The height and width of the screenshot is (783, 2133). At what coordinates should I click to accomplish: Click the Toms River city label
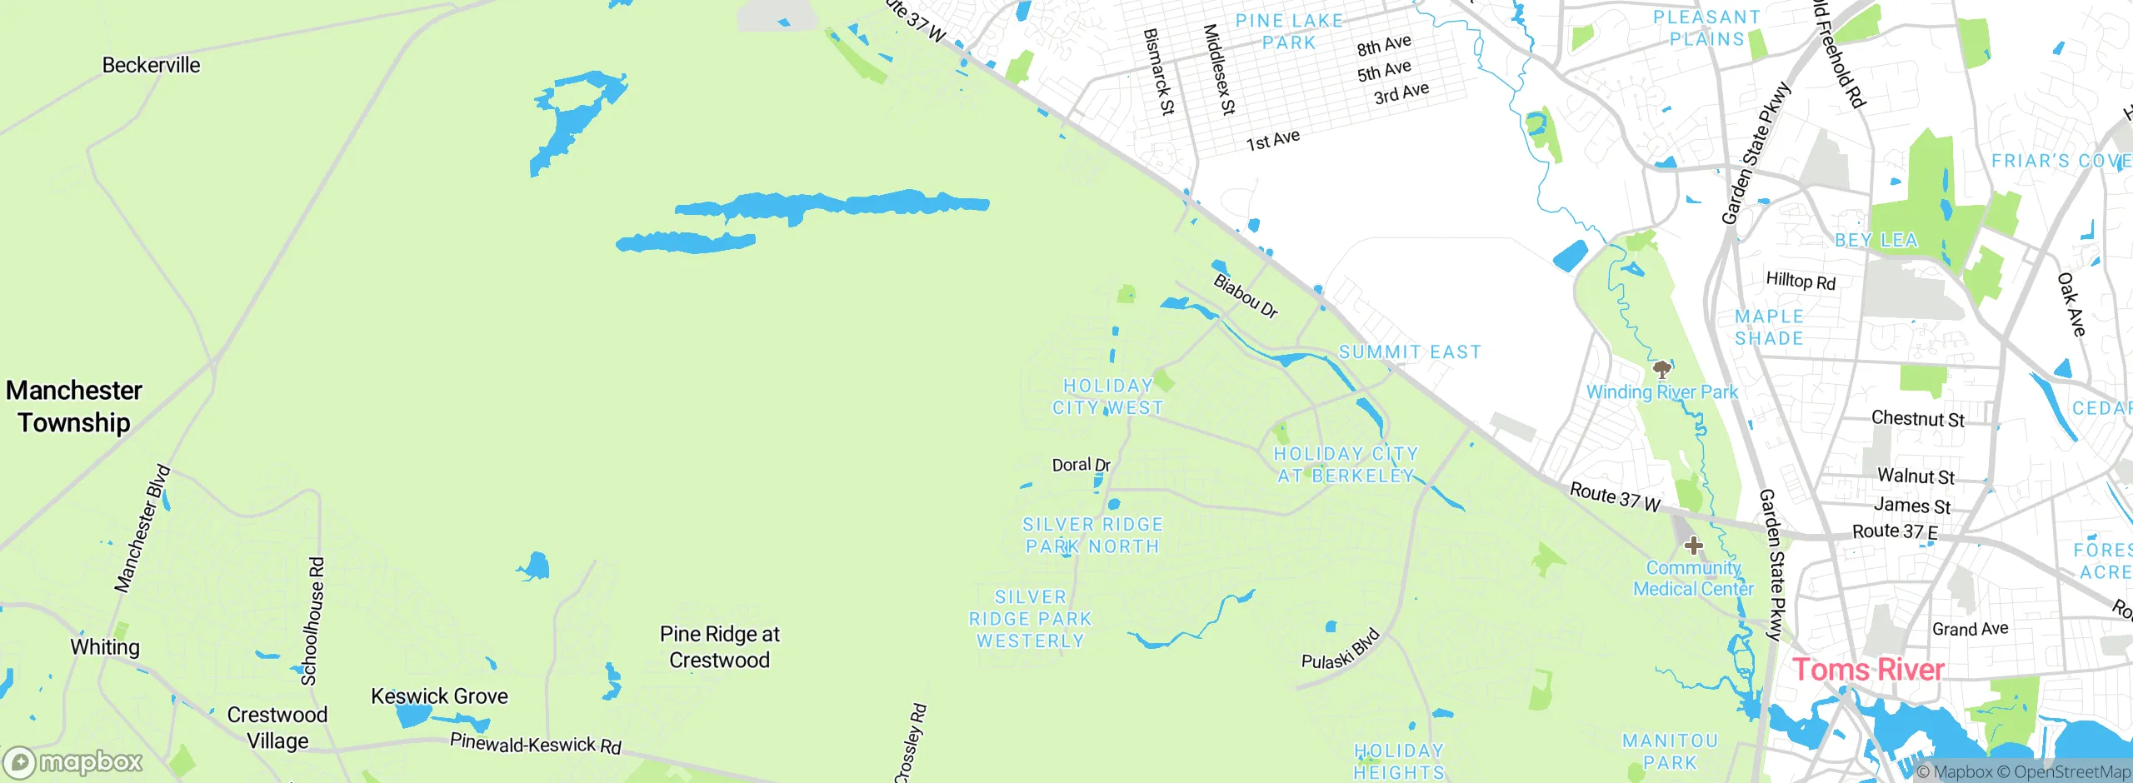(x=1867, y=670)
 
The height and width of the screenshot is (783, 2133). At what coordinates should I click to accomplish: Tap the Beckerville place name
(x=151, y=65)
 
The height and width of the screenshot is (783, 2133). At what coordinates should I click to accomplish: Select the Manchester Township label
(x=74, y=406)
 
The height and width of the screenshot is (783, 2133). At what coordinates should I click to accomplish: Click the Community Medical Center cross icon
(x=1693, y=546)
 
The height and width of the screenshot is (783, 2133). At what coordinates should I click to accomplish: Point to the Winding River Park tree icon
(x=1661, y=369)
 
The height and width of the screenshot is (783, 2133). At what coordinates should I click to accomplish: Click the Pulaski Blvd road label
(x=1341, y=650)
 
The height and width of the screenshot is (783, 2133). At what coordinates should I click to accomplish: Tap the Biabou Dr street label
(x=1245, y=297)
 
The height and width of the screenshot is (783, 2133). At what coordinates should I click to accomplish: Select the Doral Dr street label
(x=1081, y=465)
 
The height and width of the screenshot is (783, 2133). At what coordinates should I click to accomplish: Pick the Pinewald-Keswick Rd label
(x=536, y=743)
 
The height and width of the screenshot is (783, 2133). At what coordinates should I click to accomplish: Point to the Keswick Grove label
(x=439, y=696)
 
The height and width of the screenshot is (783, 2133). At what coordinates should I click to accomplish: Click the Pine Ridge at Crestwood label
(x=720, y=647)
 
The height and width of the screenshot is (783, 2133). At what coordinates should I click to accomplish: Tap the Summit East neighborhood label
(x=1410, y=352)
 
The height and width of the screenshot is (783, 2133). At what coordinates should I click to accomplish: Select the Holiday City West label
(x=1107, y=396)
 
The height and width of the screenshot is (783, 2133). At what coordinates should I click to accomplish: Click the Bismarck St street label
(x=1158, y=72)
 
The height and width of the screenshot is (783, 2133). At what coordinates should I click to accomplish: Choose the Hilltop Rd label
(x=1801, y=281)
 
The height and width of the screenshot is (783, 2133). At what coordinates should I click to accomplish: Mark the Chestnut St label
(x=1917, y=418)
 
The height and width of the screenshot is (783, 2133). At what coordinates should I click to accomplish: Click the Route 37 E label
(x=1895, y=531)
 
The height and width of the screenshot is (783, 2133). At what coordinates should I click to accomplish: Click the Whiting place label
(x=105, y=647)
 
